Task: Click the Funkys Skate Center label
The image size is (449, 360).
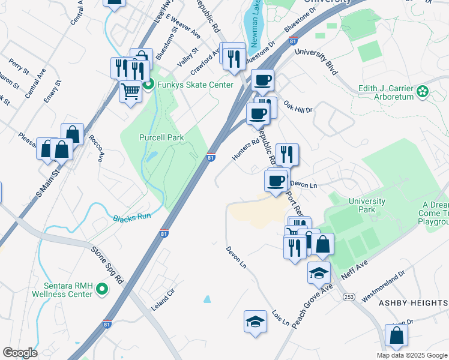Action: click(x=195, y=85)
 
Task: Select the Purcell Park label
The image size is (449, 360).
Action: click(x=161, y=137)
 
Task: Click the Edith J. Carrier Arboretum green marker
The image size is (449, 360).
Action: click(x=423, y=91)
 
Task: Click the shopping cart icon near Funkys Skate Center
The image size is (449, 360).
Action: click(x=130, y=91)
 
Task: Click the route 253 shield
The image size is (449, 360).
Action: click(x=348, y=296)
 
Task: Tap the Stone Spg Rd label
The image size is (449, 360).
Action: click(x=107, y=263)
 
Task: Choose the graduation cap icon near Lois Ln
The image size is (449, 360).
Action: click(x=255, y=320)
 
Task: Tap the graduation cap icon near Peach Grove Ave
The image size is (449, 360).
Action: click(x=319, y=273)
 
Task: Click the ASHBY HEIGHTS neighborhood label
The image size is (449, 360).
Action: click(x=413, y=304)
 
